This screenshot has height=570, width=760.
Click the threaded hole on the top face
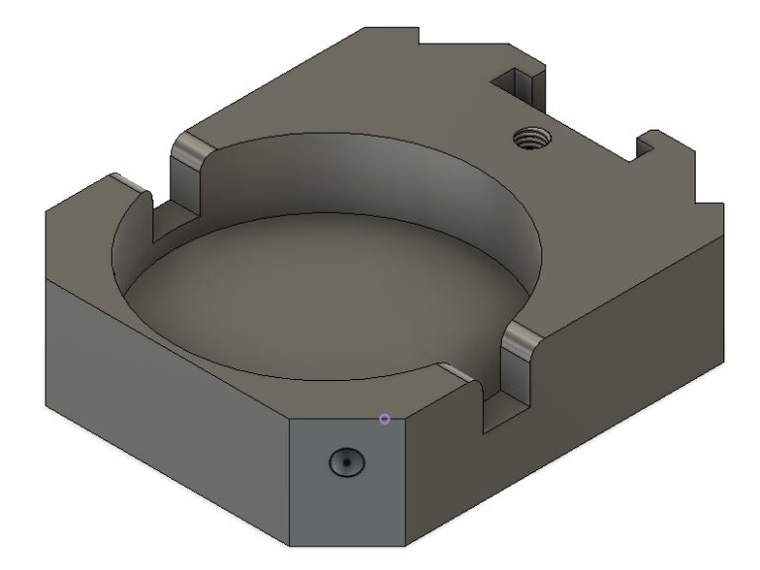pyautogui.click(x=532, y=138)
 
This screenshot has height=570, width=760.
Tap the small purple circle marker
pyautogui.click(x=385, y=420)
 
